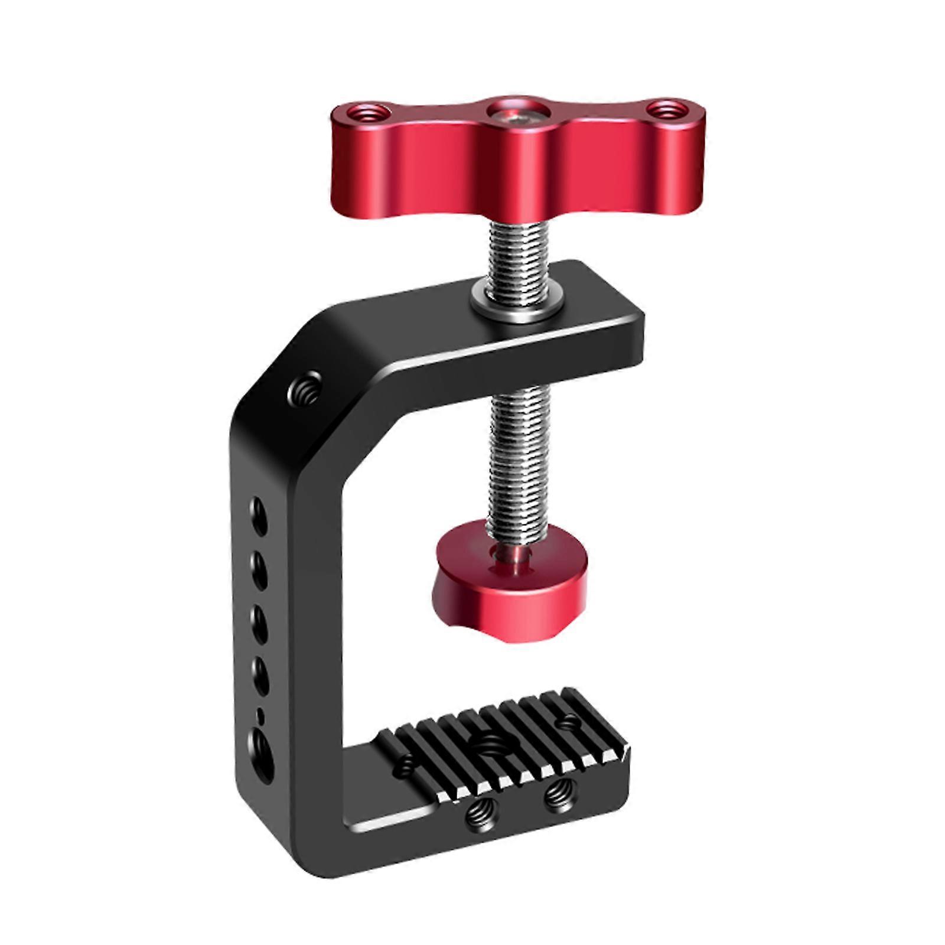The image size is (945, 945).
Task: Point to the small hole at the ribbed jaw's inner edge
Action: [x=405, y=765]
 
